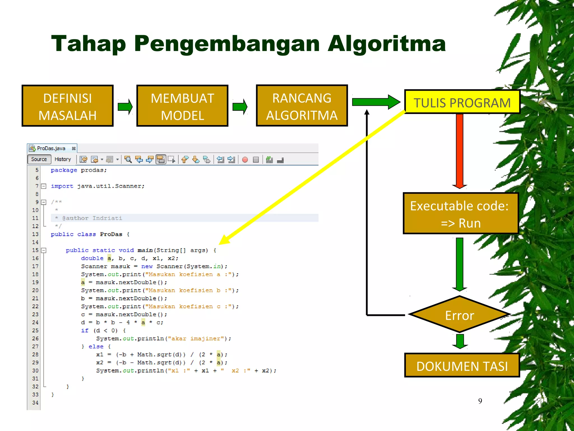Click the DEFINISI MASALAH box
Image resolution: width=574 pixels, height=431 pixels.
click(68, 106)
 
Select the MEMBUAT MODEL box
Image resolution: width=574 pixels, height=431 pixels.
click(182, 106)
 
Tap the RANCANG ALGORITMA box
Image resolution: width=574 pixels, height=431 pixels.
click(302, 106)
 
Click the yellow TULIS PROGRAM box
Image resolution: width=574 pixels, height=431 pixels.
click(462, 102)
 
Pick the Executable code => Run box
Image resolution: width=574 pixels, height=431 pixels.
click(460, 214)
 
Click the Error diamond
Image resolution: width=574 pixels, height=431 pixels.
click(459, 315)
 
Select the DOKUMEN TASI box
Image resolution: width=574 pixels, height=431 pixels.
click(462, 365)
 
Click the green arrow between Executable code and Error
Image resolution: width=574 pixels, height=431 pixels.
click(459, 264)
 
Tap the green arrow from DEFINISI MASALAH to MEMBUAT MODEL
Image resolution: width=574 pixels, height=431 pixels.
click(125, 106)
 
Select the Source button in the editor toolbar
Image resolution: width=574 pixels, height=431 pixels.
click(39, 159)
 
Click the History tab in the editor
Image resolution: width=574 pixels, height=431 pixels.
click(63, 159)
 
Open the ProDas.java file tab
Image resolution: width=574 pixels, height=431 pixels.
click(51, 148)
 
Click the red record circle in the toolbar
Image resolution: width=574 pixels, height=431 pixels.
click(245, 160)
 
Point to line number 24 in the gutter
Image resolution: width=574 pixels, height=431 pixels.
click(35, 322)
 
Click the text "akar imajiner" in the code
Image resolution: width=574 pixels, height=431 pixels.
click(198, 338)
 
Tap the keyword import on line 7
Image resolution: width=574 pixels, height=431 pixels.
click(62, 186)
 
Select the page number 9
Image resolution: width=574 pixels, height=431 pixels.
click(480, 401)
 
